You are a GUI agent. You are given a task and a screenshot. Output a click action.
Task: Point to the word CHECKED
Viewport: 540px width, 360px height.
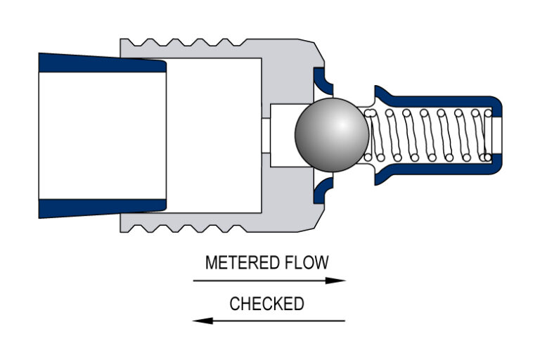[266, 304]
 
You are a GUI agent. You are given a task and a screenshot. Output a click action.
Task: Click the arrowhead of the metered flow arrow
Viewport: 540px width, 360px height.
[340, 281]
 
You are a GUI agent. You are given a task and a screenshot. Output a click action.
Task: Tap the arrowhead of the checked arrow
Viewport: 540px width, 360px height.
[201, 321]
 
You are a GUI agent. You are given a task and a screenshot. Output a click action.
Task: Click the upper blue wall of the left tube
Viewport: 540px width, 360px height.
[98, 63]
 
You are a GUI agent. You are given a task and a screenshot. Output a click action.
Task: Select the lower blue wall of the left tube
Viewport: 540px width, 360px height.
[98, 207]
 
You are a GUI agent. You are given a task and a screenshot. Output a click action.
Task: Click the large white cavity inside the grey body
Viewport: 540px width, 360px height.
[214, 135]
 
